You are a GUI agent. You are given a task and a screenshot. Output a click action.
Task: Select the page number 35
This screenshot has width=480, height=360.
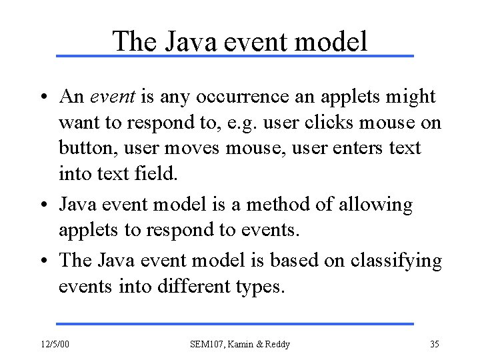434,345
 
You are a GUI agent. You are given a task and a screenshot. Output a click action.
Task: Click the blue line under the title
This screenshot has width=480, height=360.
235,55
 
